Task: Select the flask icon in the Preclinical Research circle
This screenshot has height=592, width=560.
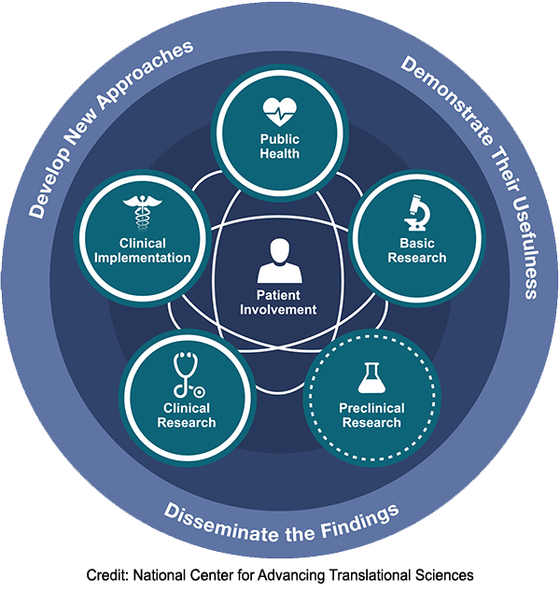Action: (370, 377)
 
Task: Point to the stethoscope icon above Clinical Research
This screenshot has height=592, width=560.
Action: (187, 375)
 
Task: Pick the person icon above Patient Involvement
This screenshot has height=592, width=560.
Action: (280, 262)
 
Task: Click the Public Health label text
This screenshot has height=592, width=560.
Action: (279, 147)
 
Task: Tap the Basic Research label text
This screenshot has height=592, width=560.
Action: (416, 251)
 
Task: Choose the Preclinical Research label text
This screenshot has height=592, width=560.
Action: (371, 415)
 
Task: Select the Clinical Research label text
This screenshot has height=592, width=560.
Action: (188, 415)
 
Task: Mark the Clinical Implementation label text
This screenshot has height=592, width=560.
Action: (143, 251)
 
